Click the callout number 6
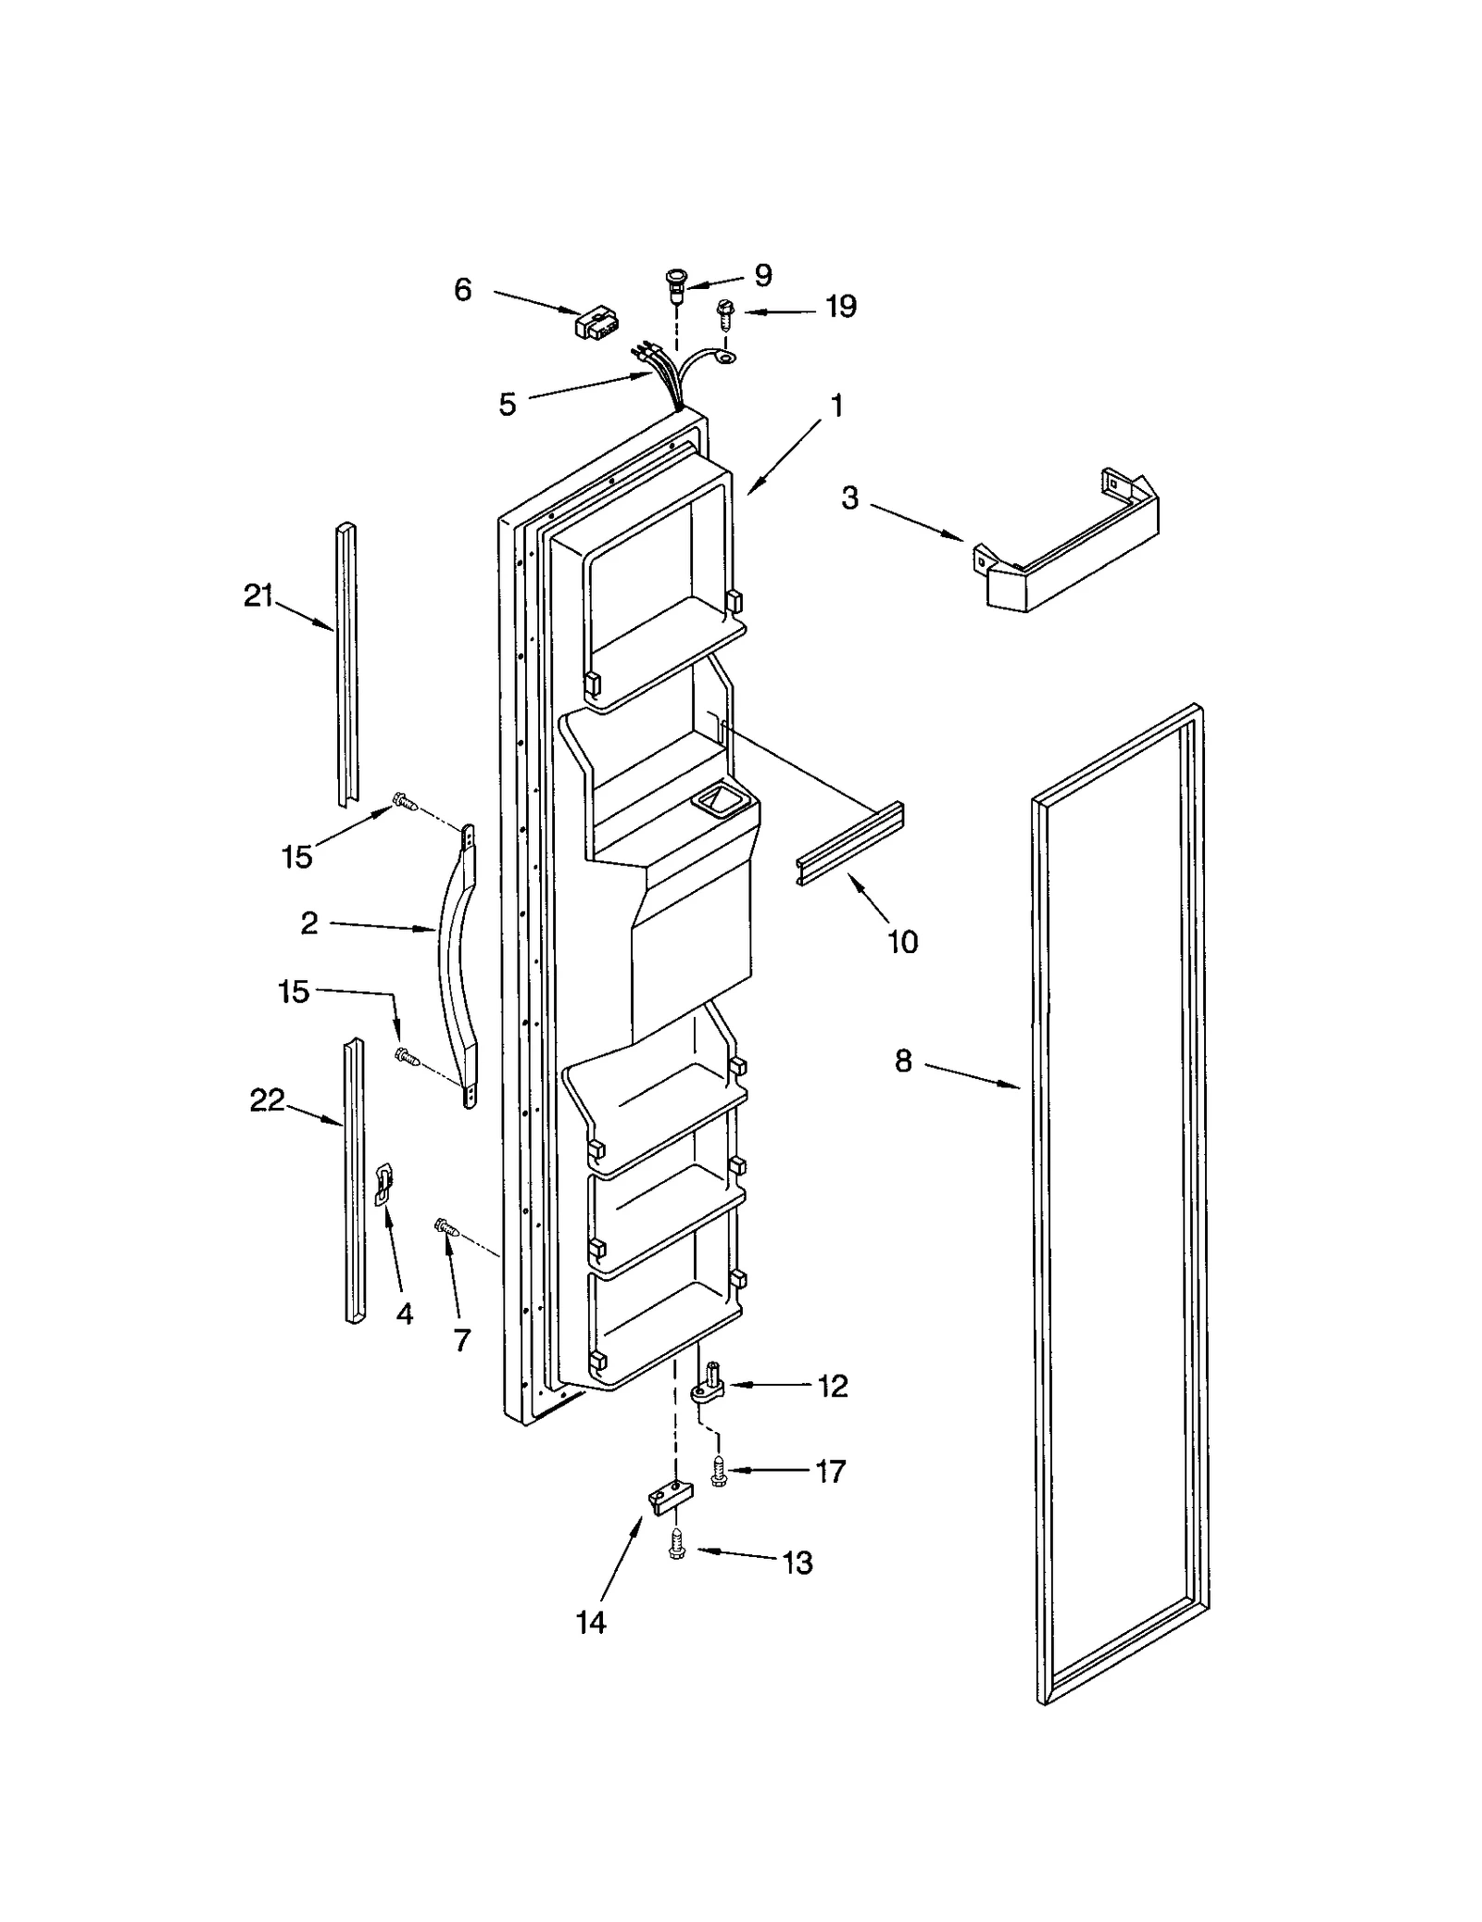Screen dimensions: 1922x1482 (462, 290)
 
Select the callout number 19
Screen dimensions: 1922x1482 (840, 307)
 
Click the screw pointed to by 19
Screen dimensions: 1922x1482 (724, 315)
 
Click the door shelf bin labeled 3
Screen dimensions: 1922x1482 (1065, 546)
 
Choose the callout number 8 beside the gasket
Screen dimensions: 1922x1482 (903, 1061)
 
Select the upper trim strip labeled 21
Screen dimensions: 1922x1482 (347, 662)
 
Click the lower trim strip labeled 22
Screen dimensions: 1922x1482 (354, 1176)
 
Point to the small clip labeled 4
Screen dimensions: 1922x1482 (383, 1185)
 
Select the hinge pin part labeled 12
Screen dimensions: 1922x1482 (710, 1386)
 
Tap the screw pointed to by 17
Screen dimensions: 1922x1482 (718, 1470)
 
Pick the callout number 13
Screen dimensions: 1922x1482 (798, 1563)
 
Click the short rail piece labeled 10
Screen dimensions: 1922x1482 (849, 845)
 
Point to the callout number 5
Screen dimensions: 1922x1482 (508, 405)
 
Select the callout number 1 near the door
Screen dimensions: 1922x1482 (836, 406)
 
